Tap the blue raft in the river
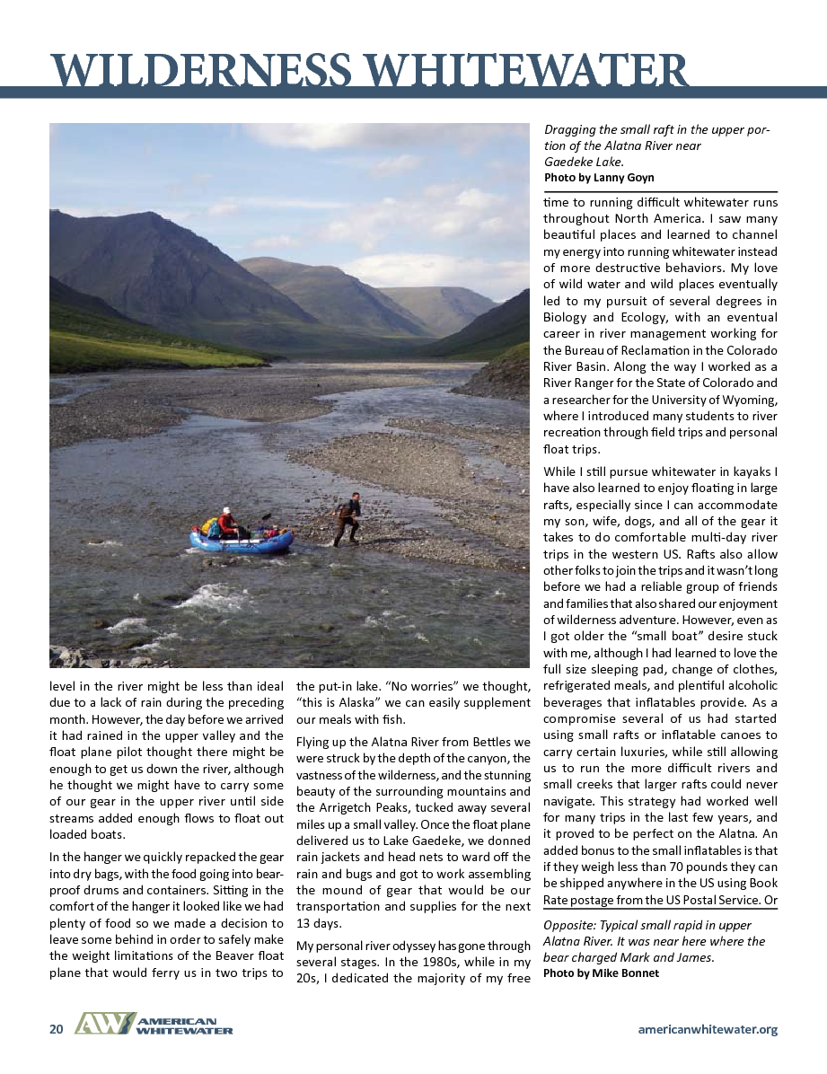pos(241,541)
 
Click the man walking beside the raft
pos(348,519)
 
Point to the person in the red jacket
pos(227,523)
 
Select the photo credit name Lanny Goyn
pos(625,178)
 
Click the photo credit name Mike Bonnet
pos(625,973)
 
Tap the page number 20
pos(56,1029)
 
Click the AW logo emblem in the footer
pos(104,1025)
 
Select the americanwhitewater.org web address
pos(708,1029)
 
